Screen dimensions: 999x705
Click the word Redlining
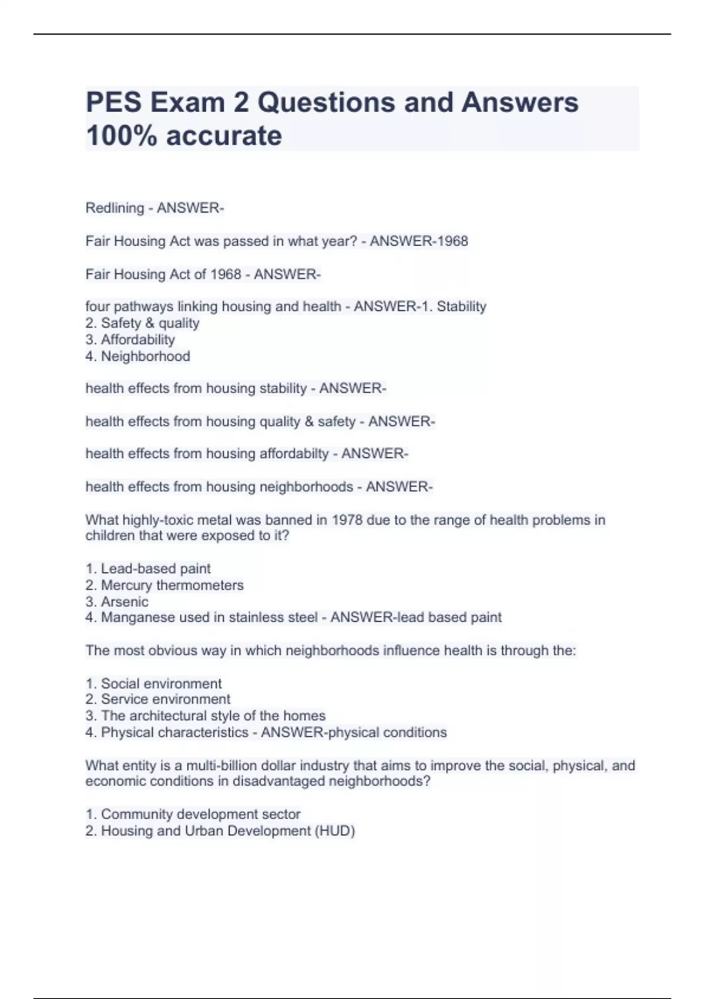click(115, 208)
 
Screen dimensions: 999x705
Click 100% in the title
click(122, 136)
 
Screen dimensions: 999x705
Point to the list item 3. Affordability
click(130, 340)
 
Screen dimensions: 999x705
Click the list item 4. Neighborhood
click(137, 356)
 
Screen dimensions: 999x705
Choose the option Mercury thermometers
click(172, 585)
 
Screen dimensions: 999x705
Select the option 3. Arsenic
click(116, 602)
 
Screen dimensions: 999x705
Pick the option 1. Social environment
click(153, 683)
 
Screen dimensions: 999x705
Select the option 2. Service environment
click(157, 699)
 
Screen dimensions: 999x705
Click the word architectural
click(168, 716)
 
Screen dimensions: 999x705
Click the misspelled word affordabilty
click(294, 454)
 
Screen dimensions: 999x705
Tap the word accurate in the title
click(224, 136)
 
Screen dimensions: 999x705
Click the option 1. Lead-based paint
click(147, 569)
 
